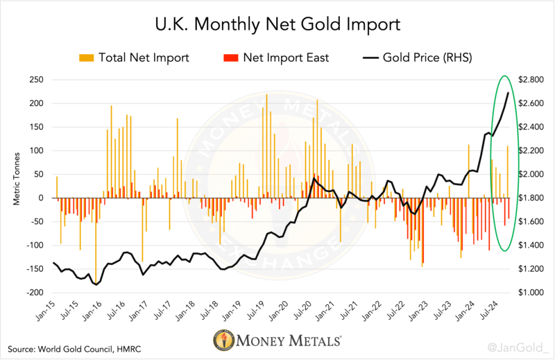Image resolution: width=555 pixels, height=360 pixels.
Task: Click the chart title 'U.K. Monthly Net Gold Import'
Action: tap(277, 26)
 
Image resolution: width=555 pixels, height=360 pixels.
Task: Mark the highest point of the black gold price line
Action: tap(509, 92)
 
